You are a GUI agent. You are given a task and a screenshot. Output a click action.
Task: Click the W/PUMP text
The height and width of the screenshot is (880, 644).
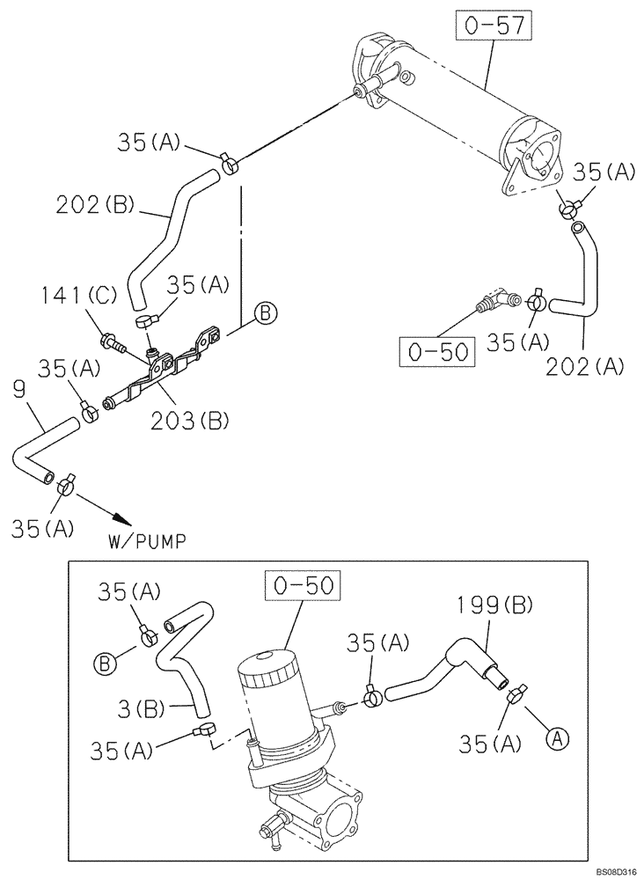(x=146, y=541)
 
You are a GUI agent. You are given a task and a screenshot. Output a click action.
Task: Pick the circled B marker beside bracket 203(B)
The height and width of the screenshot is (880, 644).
(x=266, y=312)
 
